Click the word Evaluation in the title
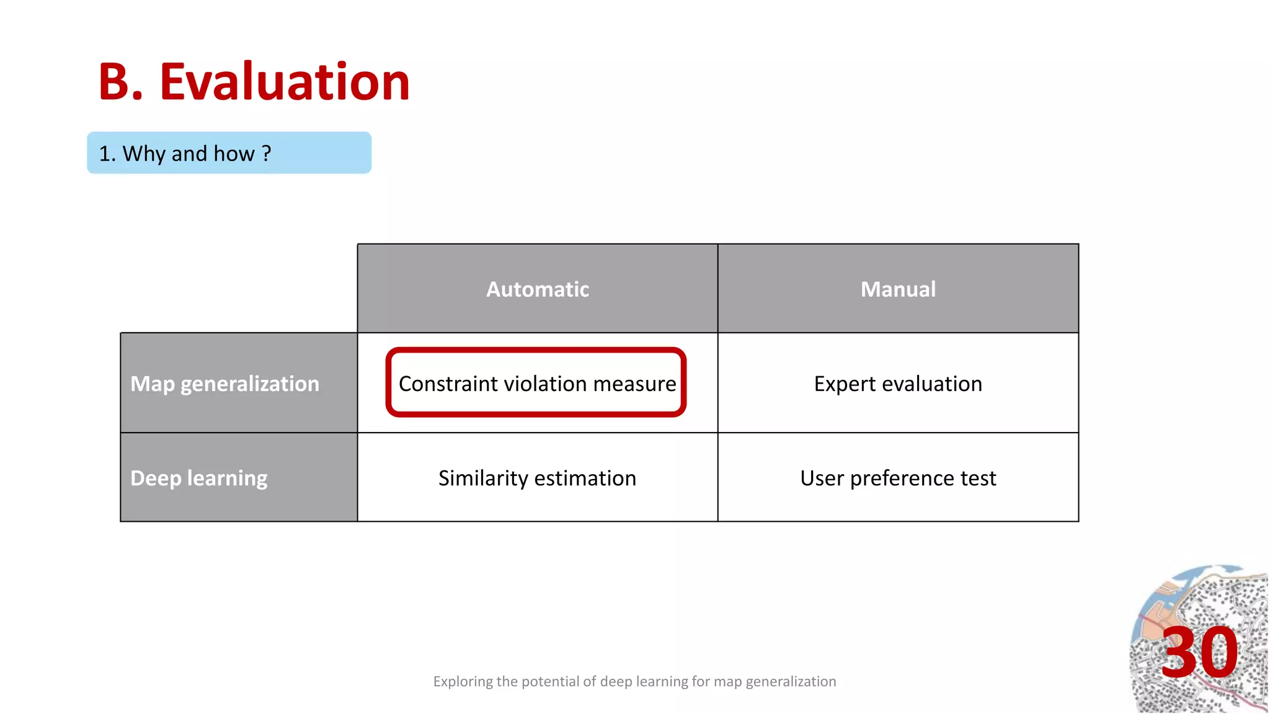coord(285,82)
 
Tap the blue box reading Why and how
coord(229,152)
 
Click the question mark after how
coord(267,153)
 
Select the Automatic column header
coord(537,289)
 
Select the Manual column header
coord(897,289)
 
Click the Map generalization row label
coord(224,384)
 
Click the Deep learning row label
coord(198,478)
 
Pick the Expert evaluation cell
coord(897,384)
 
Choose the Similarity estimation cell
coord(537,478)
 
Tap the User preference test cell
coord(897,478)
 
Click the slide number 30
coord(1199,653)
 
